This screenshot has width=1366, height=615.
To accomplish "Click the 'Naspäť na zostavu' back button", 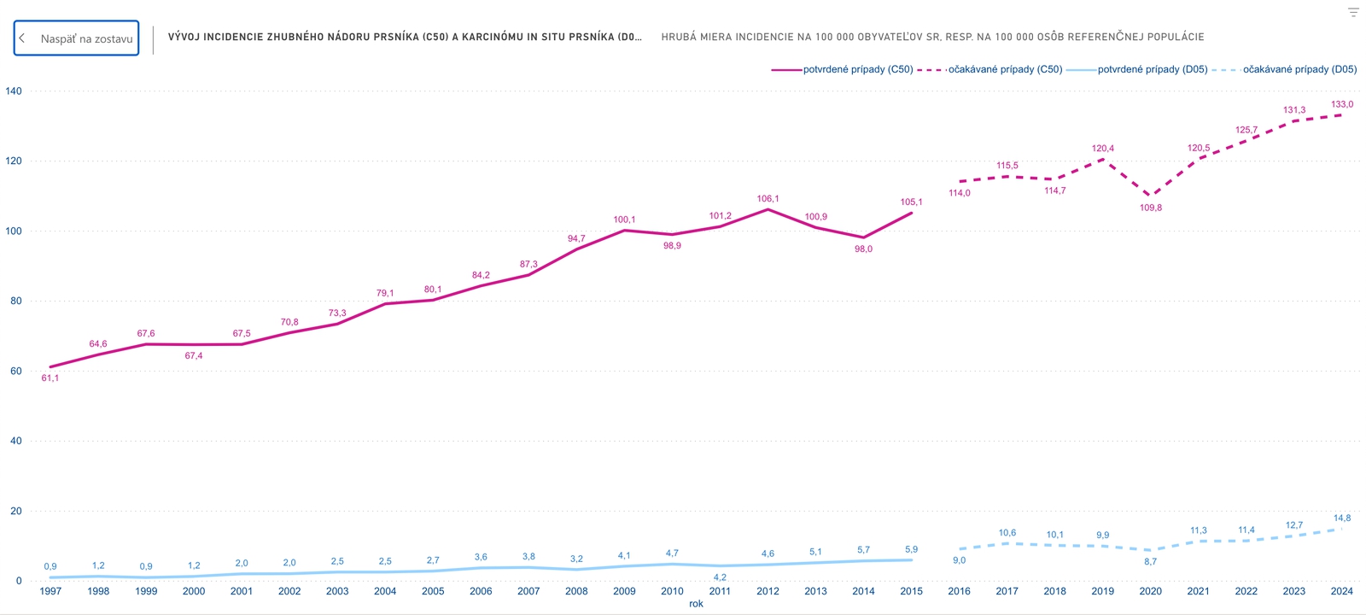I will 77,38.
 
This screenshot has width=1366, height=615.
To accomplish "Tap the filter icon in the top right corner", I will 1353,12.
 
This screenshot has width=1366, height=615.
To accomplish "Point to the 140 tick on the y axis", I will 14,91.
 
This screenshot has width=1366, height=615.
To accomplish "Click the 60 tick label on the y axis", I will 16,371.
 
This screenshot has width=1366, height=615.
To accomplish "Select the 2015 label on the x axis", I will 911,591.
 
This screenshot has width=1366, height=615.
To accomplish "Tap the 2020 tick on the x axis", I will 1150,591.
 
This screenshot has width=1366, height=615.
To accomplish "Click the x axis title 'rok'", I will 696,604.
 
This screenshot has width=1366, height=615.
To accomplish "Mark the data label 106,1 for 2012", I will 768,199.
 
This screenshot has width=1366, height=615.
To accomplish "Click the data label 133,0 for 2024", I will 1341,104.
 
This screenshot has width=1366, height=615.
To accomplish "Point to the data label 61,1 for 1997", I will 50,378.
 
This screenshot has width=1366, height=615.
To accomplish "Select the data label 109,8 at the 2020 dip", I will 1150,208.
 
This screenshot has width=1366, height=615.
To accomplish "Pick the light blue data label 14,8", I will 1341,518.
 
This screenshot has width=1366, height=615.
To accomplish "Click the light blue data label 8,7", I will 1150,562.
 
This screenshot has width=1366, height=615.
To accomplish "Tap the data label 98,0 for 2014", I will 863,249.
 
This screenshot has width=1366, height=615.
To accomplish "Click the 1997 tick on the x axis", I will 50,591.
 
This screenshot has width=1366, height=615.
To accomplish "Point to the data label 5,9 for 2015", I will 911,550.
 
